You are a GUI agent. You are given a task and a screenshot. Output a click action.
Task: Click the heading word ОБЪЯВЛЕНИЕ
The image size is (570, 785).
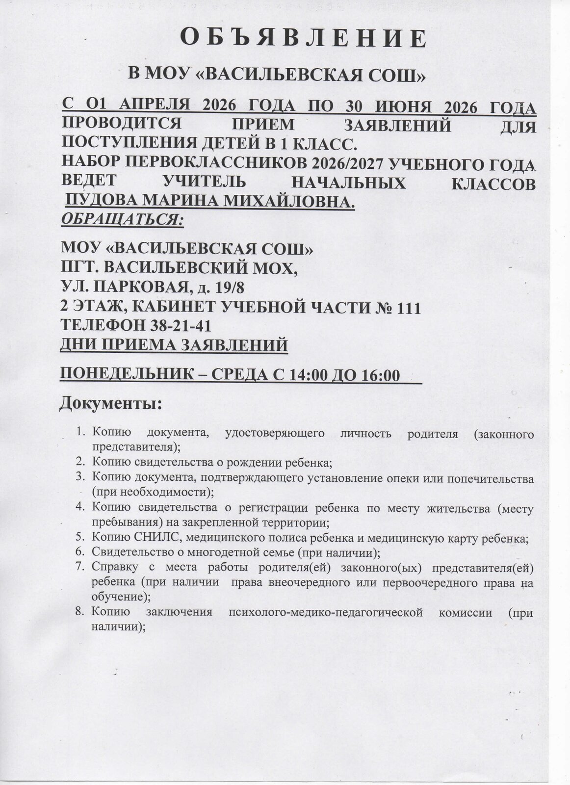tap(303, 38)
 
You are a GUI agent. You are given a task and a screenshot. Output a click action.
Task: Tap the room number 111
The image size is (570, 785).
tap(407, 308)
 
